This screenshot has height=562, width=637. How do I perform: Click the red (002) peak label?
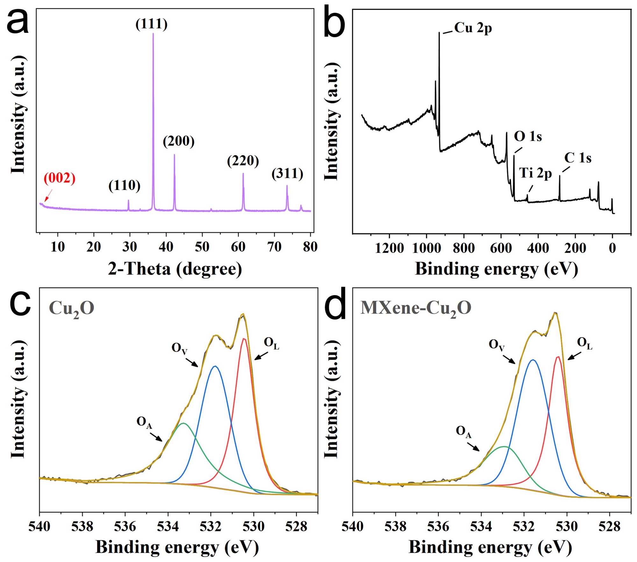60,178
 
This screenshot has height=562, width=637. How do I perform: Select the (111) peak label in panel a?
152,24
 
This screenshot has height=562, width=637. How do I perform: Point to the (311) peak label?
287,174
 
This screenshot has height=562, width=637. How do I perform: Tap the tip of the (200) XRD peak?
174,155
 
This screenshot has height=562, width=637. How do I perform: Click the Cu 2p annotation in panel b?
473,28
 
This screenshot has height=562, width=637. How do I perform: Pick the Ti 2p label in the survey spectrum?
535,173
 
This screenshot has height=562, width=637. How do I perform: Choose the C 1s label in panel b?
578,158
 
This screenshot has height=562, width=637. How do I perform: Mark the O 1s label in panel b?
528,136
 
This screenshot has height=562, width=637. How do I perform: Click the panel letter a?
18,22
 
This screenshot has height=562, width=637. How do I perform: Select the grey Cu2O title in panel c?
72,309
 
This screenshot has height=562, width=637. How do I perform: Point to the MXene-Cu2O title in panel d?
416,308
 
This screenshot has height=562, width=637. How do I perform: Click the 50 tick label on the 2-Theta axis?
202,247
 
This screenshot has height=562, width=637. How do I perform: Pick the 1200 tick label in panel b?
389,248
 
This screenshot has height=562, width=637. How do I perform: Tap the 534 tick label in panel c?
168,526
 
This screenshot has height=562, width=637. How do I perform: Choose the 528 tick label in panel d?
609,526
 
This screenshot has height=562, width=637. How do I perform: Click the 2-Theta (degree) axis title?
175,269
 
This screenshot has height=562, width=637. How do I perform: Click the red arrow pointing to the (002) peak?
48,195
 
